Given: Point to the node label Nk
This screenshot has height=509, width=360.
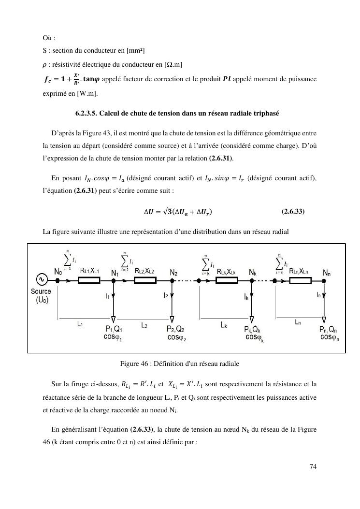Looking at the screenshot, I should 252,272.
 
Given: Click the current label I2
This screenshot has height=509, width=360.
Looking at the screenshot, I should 165,295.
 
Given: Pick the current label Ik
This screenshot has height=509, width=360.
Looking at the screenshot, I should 247,298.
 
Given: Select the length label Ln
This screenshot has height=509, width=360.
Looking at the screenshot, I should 299,321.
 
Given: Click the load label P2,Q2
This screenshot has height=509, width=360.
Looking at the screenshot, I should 177,329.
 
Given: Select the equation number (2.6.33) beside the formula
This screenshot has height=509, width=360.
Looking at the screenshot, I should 292,211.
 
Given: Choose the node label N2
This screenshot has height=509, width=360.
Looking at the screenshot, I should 173,272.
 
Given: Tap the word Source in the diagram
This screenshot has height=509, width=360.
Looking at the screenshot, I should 41,291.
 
